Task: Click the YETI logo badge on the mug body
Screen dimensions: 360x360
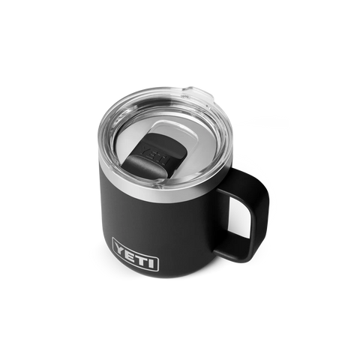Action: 135,264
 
